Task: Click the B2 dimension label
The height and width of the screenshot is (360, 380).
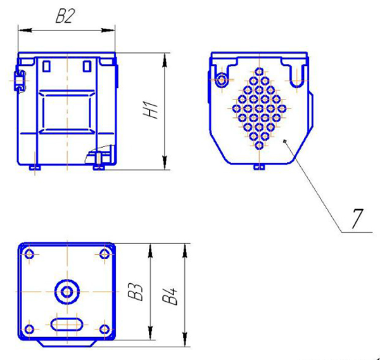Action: [64, 16]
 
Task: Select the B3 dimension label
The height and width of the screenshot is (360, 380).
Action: [136, 292]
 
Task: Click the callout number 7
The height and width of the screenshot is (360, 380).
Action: [357, 219]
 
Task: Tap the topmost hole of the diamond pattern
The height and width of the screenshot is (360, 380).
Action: [259, 72]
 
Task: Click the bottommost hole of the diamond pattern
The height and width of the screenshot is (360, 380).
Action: [259, 146]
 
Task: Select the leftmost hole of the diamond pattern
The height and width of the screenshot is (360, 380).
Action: [236, 108]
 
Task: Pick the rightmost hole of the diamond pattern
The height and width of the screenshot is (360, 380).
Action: [282, 108]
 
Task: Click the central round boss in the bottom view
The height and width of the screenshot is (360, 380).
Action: [67, 292]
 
